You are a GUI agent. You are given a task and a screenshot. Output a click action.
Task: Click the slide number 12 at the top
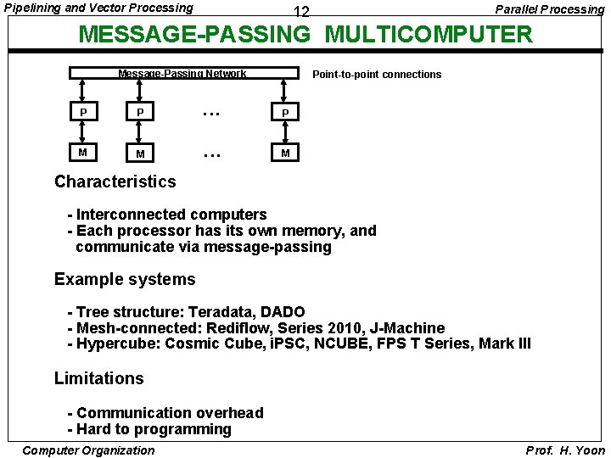(x=300, y=13)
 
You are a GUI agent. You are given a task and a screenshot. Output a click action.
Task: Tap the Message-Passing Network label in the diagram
(x=182, y=74)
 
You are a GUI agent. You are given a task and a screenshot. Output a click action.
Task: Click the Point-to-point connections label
(x=377, y=75)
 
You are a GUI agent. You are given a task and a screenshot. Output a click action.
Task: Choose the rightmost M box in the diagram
(x=286, y=153)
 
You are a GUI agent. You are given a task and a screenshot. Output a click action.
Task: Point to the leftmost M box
(x=82, y=152)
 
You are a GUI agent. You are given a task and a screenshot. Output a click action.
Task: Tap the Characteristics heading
(x=115, y=182)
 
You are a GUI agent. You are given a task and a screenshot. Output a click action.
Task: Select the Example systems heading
(x=125, y=280)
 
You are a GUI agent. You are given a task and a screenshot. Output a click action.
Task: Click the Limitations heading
(x=99, y=378)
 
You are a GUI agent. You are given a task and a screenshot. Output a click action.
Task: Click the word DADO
(x=286, y=312)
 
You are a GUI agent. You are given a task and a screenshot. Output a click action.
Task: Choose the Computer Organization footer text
(x=88, y=450)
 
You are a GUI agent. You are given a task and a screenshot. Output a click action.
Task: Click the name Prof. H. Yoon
(x=565, y=450)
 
